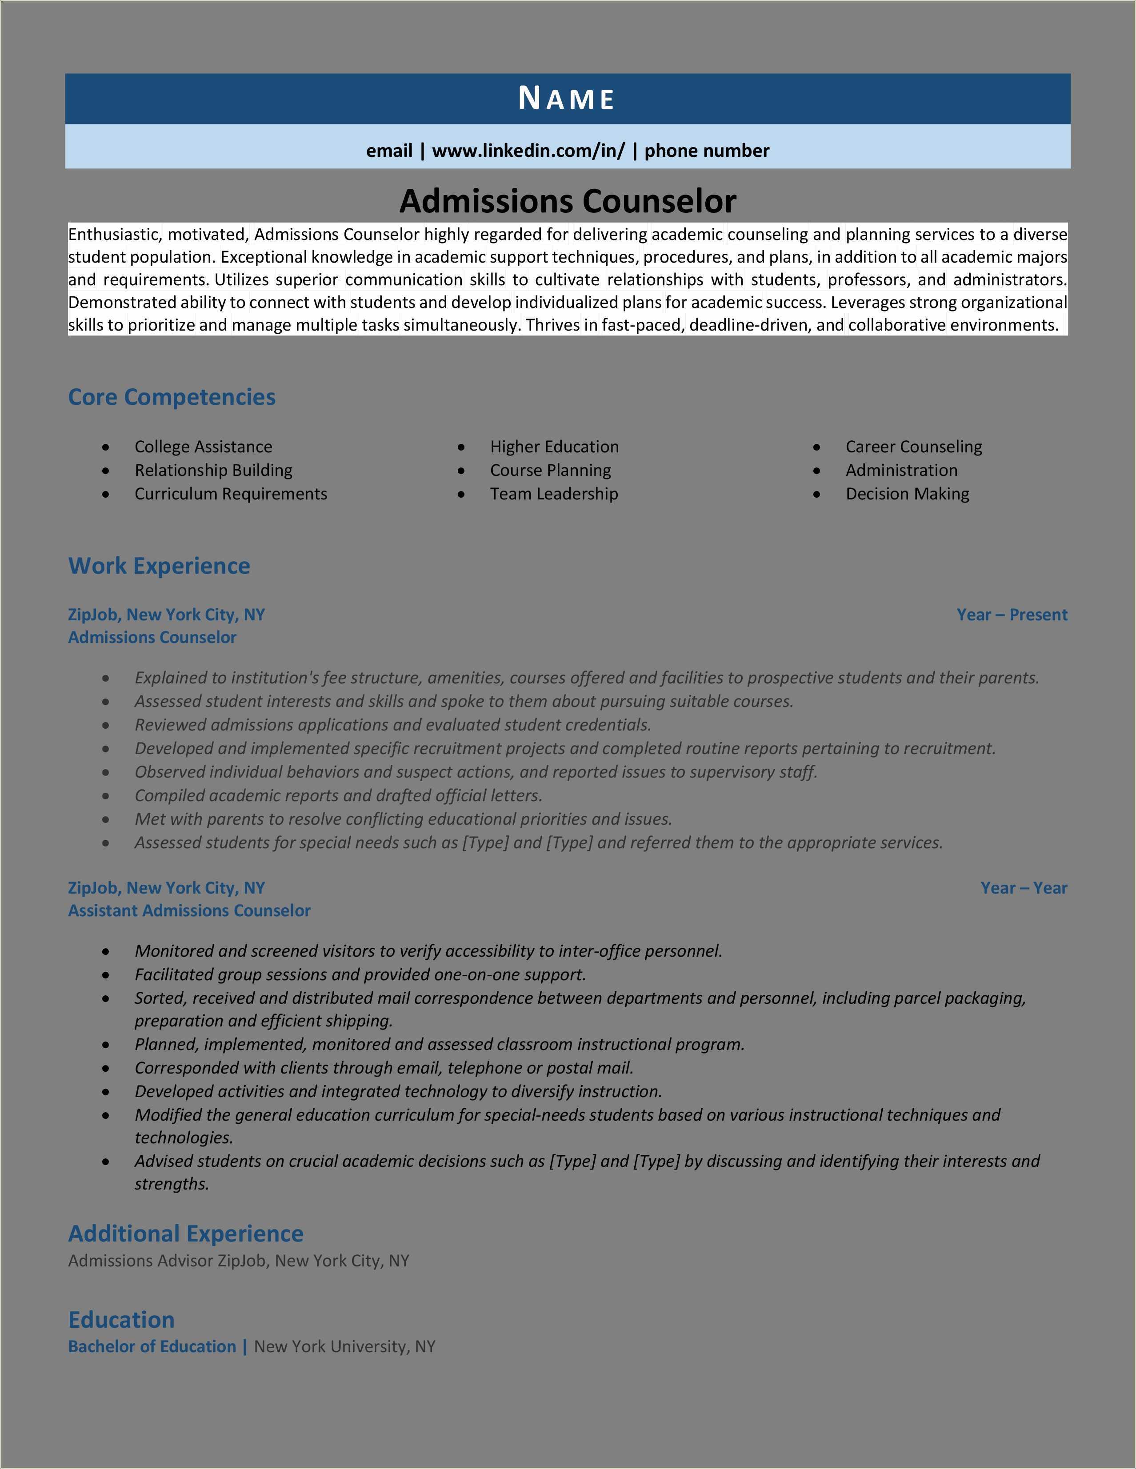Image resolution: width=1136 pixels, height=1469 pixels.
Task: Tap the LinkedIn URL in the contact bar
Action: click(x=528, y=151)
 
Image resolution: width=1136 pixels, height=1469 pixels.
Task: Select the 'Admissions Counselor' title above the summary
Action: click(x=568, y=200)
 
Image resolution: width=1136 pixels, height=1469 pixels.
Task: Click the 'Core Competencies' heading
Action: click(x=172, y=397)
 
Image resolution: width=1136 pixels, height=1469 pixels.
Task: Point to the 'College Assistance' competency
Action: click(x=203, y=447)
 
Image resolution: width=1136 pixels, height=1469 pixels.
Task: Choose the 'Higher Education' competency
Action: click(x=554, y=447)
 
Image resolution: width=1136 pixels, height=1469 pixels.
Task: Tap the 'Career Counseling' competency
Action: click(x=913, y=447)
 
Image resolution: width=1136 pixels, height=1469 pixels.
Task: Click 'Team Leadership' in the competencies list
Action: click(x=553, y=494)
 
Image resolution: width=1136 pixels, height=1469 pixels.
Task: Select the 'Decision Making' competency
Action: click(x=907, y=494)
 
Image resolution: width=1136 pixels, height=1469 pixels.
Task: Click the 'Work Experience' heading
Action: click(x=159, y=566)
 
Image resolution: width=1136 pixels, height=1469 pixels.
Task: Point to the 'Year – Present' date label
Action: click(x=1012, y=615)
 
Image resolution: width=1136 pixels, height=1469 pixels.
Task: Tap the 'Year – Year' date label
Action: click(x=1024, y=888)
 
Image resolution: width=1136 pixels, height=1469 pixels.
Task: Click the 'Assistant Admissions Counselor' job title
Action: click(x=189, y=911)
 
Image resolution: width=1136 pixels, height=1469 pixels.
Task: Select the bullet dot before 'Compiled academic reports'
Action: click(x=106, y=796)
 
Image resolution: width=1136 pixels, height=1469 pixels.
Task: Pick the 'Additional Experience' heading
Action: click(x=186, y=1233)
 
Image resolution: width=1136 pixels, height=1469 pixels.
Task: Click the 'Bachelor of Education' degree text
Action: click(x=152, y=1346)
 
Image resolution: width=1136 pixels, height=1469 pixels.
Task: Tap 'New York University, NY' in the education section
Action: click(x=344, y=1346)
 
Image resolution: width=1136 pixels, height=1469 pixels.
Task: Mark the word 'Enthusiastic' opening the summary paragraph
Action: click(x=114, y=235)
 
